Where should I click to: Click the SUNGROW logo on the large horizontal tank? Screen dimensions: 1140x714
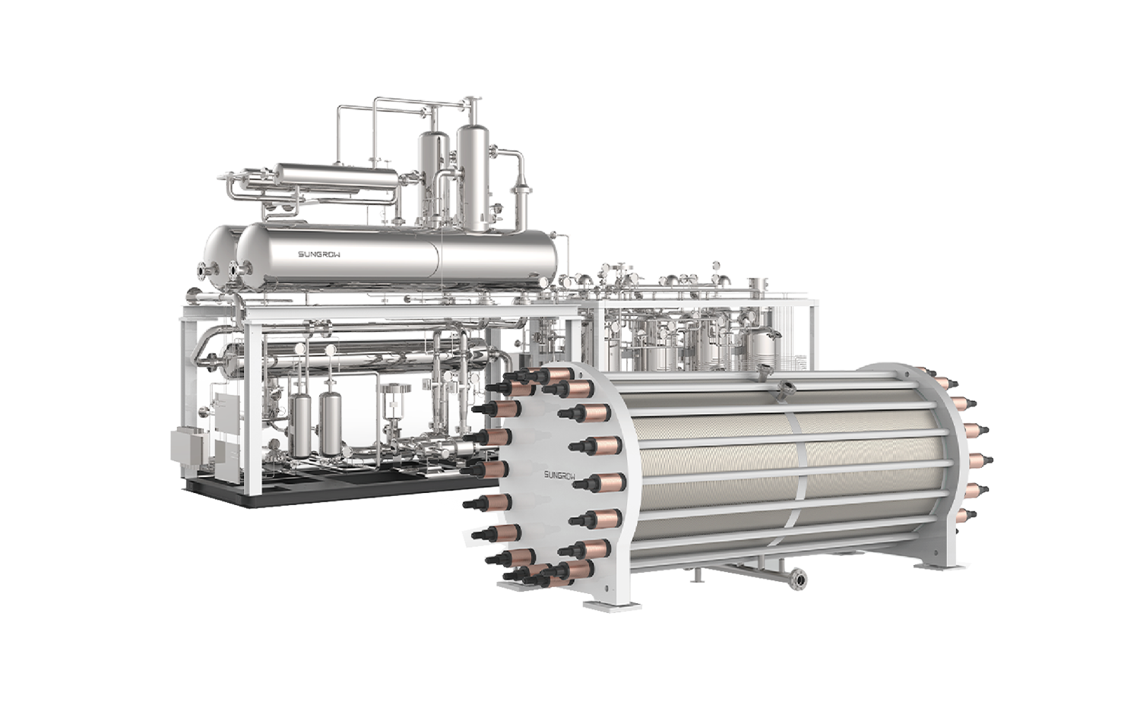coord(319,254)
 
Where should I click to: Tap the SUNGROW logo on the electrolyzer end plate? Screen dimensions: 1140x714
coord(560,475)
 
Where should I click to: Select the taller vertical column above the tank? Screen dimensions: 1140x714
coord(473,178)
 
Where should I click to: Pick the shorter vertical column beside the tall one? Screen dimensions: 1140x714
coord(434,177)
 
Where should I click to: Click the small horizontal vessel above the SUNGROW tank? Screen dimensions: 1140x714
coord(337,178)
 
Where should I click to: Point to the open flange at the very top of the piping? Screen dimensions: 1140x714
coord(473,99)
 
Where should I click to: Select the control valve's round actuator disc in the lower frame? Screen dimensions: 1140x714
coord(394,389)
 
